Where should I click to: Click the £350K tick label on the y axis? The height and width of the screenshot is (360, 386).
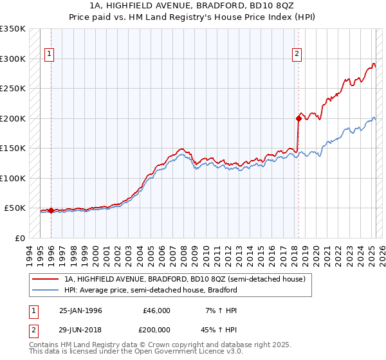[13, 29]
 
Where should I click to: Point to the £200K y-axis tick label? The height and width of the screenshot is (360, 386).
[13, 118]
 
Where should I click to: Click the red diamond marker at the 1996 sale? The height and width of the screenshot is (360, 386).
[51, 210]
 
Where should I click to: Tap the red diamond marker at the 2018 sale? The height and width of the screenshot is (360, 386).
[299, 118]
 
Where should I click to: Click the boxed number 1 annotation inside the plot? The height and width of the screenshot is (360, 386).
[50, 55]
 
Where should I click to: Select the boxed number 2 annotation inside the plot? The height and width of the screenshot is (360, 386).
[297, 55]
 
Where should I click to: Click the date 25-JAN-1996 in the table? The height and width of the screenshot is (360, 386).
[80, 310]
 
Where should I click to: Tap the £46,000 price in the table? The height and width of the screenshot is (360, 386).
[157, 310]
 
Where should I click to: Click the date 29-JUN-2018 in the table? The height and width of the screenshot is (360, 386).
[80, 328]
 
